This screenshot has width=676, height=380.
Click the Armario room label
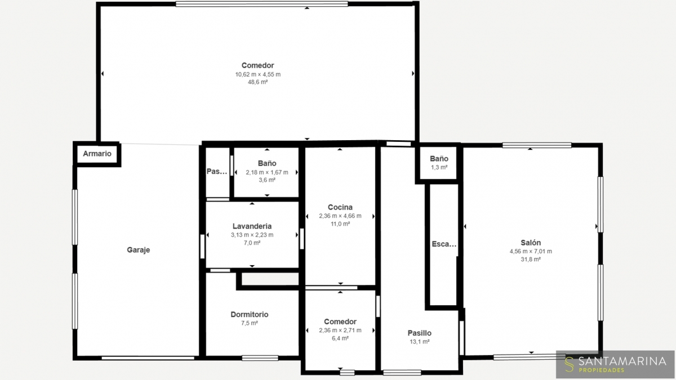pos(97,154)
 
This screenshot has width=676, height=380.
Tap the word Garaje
pos(138,250)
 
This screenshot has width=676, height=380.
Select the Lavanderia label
pos(252,226)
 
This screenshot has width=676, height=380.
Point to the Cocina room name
pos(340,207)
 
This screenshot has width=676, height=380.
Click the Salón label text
pos(531,243)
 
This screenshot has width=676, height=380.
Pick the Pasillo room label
pos(420,333)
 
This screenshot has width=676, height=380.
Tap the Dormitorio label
pos(249,315)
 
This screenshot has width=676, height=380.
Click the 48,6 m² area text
pos(258,82)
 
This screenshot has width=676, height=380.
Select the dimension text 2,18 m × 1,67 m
pos(267,172)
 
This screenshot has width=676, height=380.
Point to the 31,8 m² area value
pos(531,260)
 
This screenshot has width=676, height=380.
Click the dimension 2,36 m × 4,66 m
pos(340,216)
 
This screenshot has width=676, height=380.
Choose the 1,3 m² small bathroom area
pos(439,167)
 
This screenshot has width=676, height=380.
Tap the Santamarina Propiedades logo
pos(615,364)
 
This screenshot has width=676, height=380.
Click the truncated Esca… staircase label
pos(444,244)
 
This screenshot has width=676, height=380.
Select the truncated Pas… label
pos(217,172)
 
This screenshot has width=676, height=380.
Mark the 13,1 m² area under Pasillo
pos(420,342)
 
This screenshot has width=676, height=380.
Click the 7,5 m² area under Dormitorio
pos(249,323)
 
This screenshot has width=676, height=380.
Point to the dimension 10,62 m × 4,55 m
pos(258,74)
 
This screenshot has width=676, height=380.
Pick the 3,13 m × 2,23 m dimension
pos(252,235)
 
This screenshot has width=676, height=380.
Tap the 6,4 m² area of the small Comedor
pos(340,338)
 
